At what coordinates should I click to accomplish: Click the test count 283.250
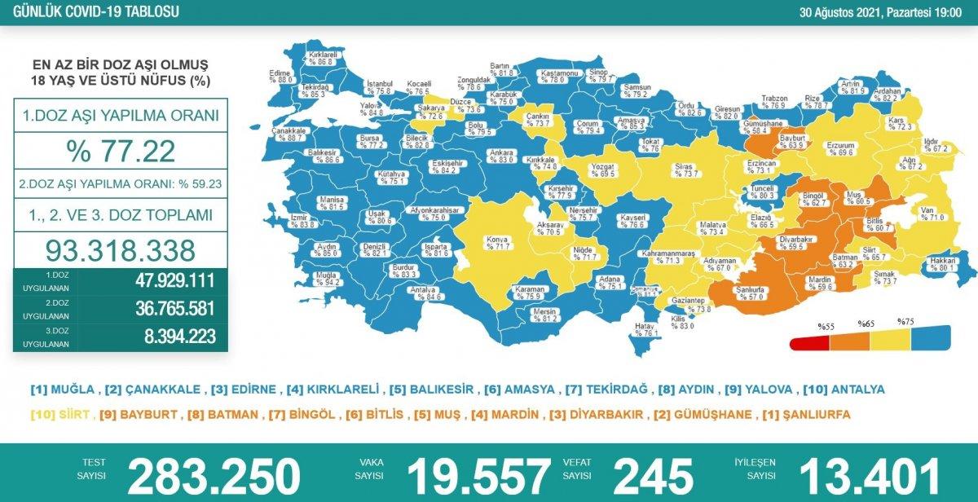click(214, 476)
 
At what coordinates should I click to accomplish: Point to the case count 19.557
click(478, 476)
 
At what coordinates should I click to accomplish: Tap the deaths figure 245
click(653, 476)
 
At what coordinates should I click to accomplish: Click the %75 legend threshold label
click(905, 322)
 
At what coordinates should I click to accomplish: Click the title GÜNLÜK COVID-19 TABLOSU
click(90, 12)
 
